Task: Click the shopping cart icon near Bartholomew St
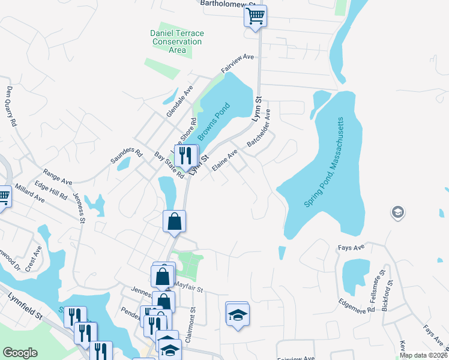[x=255, y=17]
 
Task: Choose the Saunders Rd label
[x=125, y=157]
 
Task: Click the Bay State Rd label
[x=169, y=164]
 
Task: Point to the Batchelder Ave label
[x=259, y=129]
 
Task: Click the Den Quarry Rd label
[x=11, y=106]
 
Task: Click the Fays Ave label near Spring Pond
[x=366, y=246]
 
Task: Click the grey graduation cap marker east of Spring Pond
[x=397, y=212]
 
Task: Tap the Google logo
[x=20, y=353]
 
